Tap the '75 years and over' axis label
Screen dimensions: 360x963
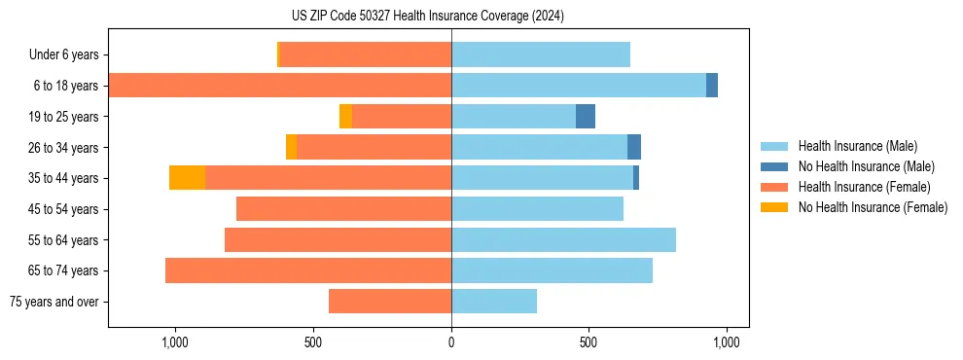[x=54, y=302]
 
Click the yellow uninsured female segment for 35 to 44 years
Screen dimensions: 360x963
[x=187, y=178]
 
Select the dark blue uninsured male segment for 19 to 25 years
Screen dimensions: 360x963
[x=585, y=117]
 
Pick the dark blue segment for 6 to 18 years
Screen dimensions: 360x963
[x=712, y=86]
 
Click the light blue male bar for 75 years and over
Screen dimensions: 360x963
[x=494, y=302]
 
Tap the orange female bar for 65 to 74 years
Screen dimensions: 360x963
[x=308, y=270]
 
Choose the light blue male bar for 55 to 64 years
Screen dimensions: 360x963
[x=563, y=239]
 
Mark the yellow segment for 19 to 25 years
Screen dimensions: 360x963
[x=345, y=117]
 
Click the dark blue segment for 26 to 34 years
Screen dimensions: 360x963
[x=634, y=147]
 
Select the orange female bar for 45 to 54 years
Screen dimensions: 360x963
[x=343, y=209]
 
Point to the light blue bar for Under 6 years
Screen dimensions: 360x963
[x=541, y=54]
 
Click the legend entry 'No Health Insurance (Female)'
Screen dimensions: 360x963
[x=872, y=207]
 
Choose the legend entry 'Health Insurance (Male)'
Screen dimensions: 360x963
[x=857, y=146]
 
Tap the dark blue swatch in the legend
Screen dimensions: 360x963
[x=774, y=166]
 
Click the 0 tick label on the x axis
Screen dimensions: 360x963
[x=451, y=342]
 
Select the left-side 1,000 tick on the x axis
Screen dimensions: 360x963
[x=174, y=342]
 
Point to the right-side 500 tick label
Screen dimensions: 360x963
[x=588, y=342]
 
